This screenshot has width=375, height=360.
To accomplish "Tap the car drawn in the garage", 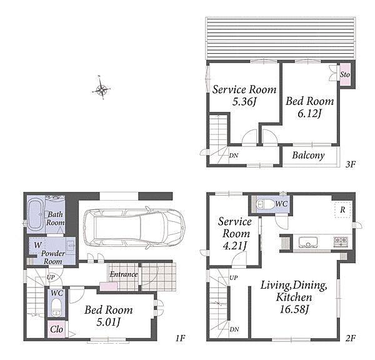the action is click(x=134, y=227).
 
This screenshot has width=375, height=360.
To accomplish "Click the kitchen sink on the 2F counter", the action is click(x=308, y=242).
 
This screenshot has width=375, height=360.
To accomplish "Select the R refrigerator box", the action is click(x=343, y=210).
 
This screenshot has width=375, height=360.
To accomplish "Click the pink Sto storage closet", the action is click(x=345, y=74).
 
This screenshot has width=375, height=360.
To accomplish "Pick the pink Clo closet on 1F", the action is click(x=56, y=329).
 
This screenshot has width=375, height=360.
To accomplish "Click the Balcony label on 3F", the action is click(x=308, y=156).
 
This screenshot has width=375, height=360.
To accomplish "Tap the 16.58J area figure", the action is click(x=294, y=309).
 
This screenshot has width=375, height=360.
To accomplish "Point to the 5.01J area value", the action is click(x=108, y=322).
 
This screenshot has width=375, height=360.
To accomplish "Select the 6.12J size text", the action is click(x=309, y=113).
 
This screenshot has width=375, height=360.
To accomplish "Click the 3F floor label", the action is click(x=351, y=164).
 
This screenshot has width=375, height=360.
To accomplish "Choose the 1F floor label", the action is click(x=181, y=338).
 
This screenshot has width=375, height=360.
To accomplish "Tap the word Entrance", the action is click(x=124, y=274).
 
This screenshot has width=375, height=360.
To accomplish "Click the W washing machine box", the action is click(x=37, y=246).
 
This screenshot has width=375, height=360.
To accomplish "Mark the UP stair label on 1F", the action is click(x=51, y=277).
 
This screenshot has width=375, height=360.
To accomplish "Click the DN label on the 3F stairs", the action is click(x=234, y=156).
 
